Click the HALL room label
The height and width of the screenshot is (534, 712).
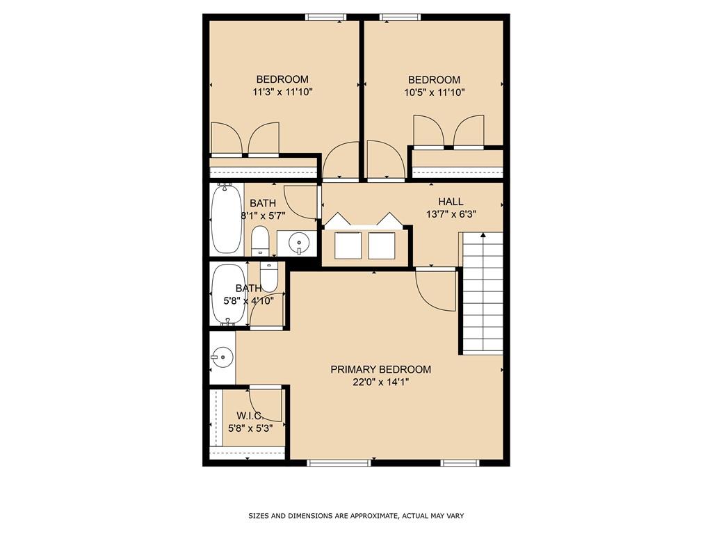(x=451, y=202)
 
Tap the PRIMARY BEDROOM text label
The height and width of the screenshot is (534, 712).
(x=380, y=369)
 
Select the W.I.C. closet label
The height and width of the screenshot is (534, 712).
(x=244, y=415)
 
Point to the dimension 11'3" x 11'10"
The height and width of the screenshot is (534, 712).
(x=282, y=92)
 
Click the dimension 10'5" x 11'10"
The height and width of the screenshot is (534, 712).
(x=434, y=92)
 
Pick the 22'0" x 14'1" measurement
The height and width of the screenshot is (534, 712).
(x=380, y=382)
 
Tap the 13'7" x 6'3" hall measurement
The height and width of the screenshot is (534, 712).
(x=451, y=214)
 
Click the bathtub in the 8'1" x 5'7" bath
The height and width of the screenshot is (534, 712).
(x=227, y=218)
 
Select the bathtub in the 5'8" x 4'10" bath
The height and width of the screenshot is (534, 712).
(x=228, y=295)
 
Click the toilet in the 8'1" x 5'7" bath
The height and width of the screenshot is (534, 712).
(x=259, y=241)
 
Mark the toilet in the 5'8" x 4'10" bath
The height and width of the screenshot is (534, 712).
(x=268, y=276)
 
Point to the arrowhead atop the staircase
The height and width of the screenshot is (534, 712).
(x=483, y=235)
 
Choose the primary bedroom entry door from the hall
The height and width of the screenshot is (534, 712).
(x=432, y=287)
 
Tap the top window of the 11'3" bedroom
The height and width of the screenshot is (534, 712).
(x=325, y=17)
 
